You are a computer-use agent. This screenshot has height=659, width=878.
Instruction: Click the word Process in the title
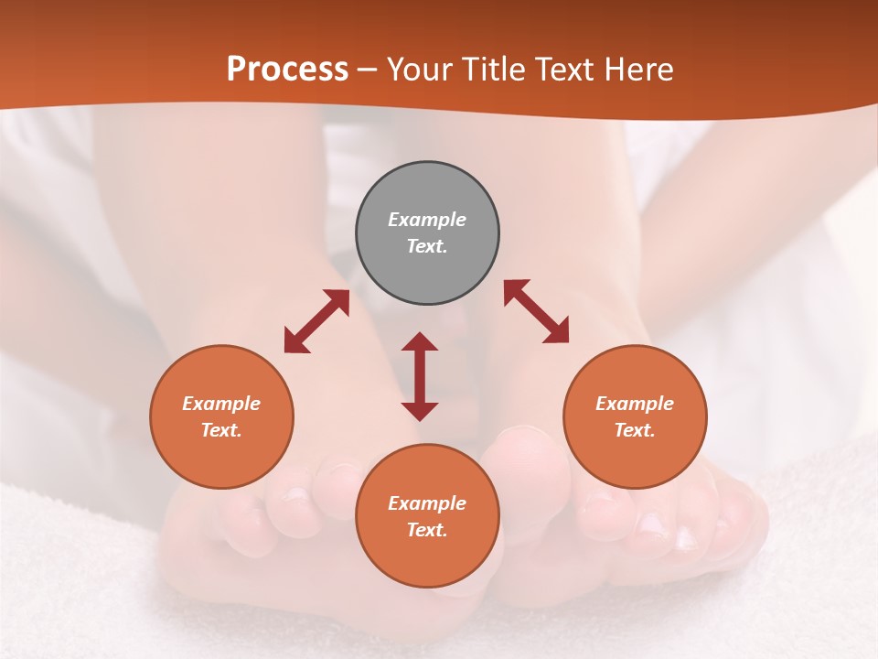click(287, 70)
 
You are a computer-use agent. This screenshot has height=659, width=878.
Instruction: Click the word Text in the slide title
click(566, 70)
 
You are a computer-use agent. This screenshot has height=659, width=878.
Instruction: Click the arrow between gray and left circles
click(316, 321)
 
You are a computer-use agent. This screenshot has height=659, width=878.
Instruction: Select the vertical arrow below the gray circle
click(420, 376)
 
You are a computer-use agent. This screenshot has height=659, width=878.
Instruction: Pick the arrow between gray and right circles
click(536, 311)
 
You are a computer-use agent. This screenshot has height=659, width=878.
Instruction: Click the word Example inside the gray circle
click(427, 220)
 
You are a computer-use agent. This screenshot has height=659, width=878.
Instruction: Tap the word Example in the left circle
click(221, 404)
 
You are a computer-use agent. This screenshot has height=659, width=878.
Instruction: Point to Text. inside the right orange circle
click(635, 430)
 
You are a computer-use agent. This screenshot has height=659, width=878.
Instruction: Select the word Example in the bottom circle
click(427, 503)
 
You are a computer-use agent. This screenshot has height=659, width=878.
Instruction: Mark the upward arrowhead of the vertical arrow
click(420, 342)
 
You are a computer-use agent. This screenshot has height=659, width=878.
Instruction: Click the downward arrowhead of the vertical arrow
click(420, 411)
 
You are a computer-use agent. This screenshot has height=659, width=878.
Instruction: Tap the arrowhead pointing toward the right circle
click(557, 331)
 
